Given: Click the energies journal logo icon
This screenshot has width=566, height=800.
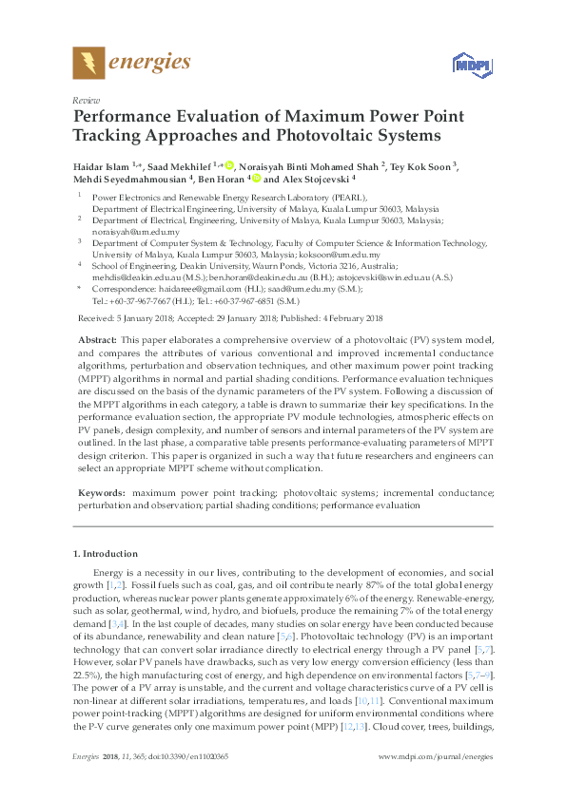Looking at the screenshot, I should (x=88, y=64).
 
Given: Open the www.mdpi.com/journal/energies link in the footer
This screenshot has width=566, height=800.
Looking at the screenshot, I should (x=435, y=756).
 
